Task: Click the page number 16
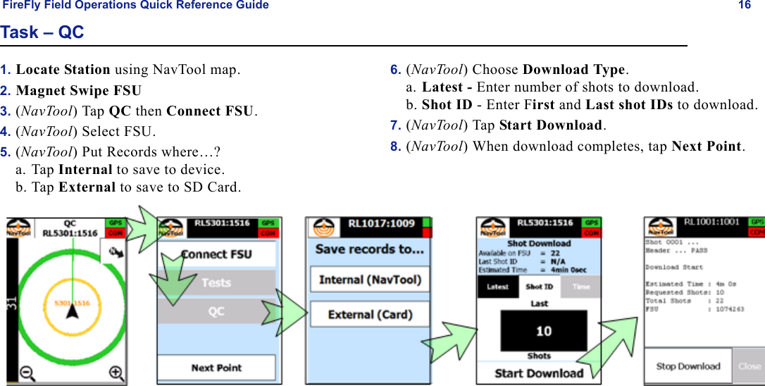coord(744,6)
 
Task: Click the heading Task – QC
coord(42,32)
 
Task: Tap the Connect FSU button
coord(216,254)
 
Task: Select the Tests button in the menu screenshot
coord(216,282)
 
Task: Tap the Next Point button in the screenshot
coord(216,368)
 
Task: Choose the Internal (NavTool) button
coord(370,280)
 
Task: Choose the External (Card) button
coord(370,314)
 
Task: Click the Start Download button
coord(539,373)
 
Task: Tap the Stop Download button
coord(688,366)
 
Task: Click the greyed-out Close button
coord(750,366)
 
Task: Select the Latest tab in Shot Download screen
coord(498,287)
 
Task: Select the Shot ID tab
coord(539,287)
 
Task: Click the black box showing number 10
coord(543,331)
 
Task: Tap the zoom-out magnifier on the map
coord(27,373)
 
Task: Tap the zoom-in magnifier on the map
coord(116,373)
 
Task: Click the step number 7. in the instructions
coord(395,125)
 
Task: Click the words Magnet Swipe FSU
coord(78,91)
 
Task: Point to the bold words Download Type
coord(574,70)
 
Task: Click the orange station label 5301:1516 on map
coord(73,304)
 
